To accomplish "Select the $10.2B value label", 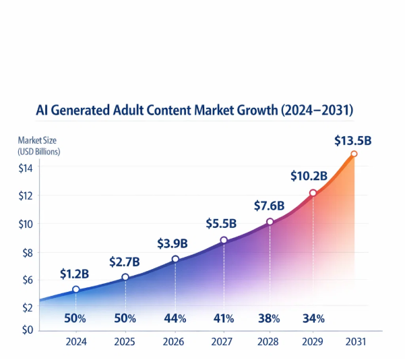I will click(x=309, y=176).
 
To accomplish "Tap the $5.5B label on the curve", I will click(x=220, y=224).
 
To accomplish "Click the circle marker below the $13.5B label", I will click(x=354, y=154).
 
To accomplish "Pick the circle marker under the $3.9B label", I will click(x=175, y=260).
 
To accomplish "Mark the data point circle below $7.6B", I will click(x=270, y=222).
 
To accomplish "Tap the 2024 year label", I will click(x=76, y=342).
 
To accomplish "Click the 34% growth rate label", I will click(x=313, y=318).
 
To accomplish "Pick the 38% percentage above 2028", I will click(x=268, y=318).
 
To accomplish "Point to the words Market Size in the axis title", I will click(x=36, y=141).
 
